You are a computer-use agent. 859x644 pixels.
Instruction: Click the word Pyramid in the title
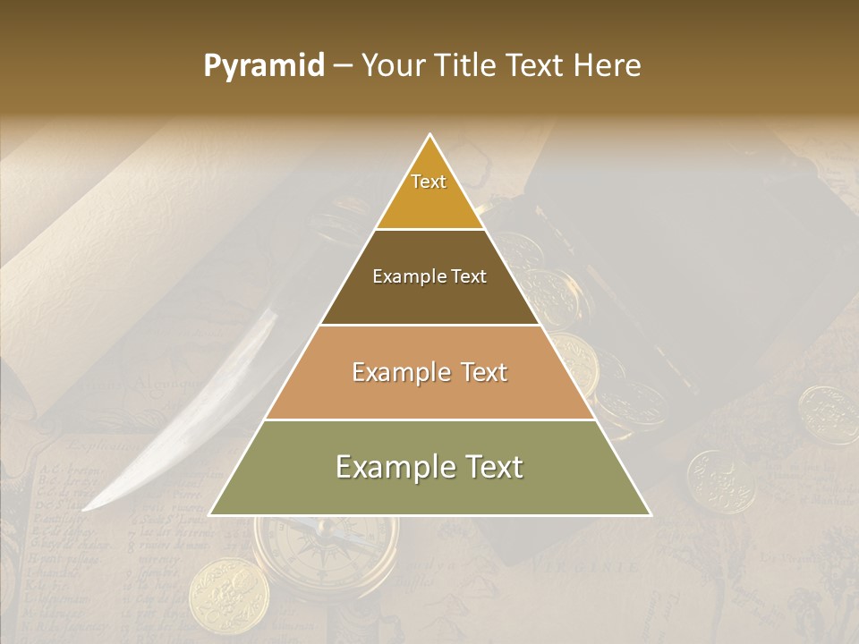point(264,66)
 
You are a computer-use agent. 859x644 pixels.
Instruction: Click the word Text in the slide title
point(537,66)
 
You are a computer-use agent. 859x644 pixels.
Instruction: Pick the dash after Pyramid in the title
point(342,66)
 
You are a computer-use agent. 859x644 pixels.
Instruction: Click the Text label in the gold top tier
point(429,182)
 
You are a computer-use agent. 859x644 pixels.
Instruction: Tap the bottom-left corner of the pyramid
point(210,515)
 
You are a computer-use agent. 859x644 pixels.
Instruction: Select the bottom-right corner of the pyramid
point(651,515)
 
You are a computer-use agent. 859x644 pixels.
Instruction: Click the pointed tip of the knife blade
point(84,510)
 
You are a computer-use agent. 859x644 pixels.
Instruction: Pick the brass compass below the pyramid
point(324,550)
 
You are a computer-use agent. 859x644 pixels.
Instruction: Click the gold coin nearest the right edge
point(828,414)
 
